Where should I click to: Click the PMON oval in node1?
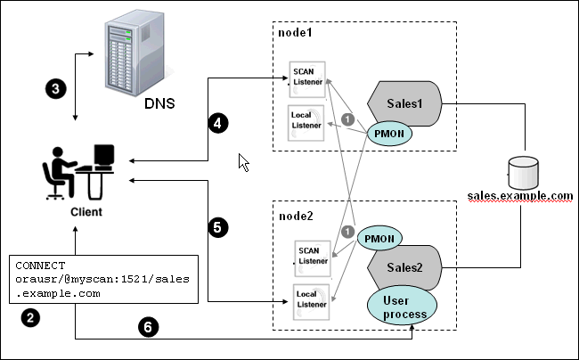point(391,135)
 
